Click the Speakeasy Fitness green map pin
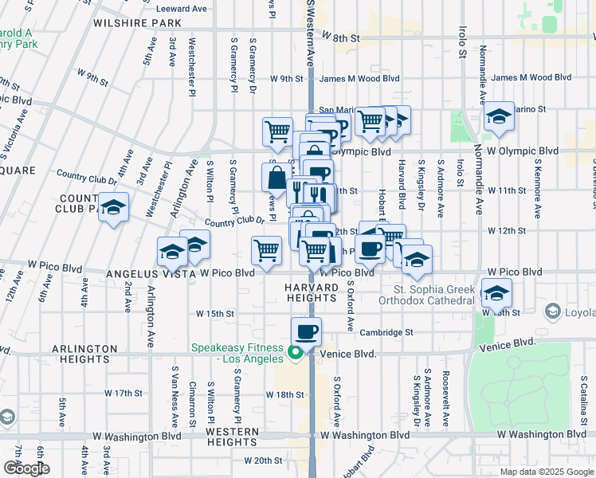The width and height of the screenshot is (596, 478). (295, 352)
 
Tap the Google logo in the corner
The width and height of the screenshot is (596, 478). (26, 468)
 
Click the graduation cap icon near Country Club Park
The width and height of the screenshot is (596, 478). (114, 209)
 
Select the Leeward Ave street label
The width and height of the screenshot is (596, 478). (182, 9)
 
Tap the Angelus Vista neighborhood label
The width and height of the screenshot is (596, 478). (151, 273)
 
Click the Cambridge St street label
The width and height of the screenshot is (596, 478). (386, 332)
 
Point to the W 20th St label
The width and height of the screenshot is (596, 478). (264, 460)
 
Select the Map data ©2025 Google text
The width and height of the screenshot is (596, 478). (547, 472)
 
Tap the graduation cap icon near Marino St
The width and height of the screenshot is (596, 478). (499, 116)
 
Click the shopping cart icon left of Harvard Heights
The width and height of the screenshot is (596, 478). (266, 250)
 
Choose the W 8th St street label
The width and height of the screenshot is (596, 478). (343, 37)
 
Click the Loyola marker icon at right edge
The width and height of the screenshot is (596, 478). (550, 310)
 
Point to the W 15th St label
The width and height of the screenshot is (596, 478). (216, 314)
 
